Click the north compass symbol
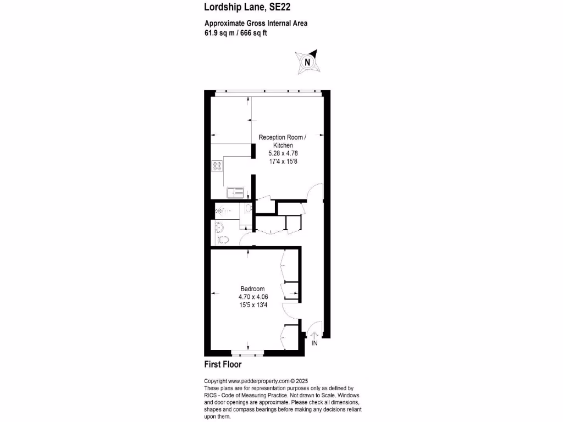click(x=307, y=62)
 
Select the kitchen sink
click(x=235, y=192)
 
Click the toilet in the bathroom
click(x=223, y=239)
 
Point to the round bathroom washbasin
click(x=219, y=226)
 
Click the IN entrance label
click(x=314, y=343)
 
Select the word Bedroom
click(x=252, y=289)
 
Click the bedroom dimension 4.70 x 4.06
click(x=252, y=297)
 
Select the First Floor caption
click(x=223, y=364)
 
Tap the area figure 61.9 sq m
click(x=219, y=32)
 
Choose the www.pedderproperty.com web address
click(x=258, y=381)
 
